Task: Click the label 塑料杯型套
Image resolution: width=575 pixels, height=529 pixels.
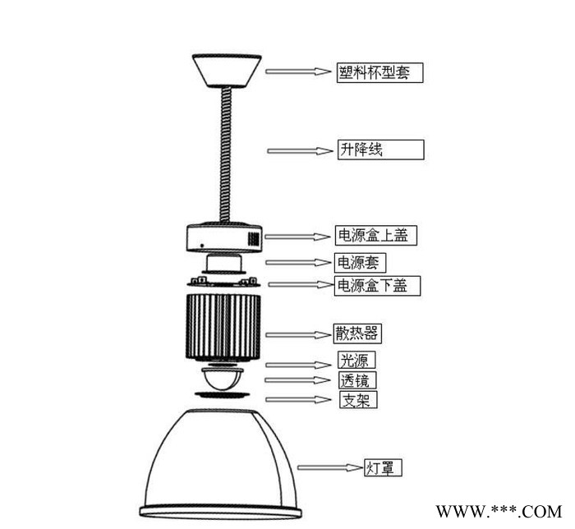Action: (374, 72)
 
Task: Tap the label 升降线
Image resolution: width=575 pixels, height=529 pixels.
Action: (361, 149)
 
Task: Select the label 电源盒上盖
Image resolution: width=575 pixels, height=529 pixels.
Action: (373, 235)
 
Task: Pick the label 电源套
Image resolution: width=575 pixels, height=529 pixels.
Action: (358, 263)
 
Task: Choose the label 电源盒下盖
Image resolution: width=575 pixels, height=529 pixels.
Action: (372, 285)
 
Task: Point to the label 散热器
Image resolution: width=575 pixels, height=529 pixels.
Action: (356, 333)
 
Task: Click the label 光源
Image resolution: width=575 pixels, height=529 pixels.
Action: (354, 360)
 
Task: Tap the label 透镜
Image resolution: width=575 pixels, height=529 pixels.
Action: (355, 380)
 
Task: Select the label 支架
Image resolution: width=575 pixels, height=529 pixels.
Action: (356, 400)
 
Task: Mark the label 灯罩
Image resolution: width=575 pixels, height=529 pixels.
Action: (379, 467)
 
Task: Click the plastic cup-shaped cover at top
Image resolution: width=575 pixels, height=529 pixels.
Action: (227, 71)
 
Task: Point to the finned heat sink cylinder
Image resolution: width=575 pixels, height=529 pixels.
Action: (223, 327)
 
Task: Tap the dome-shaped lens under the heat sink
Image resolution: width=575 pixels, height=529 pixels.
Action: (223, 379)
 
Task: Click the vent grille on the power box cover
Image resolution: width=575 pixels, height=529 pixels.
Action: (253, 239)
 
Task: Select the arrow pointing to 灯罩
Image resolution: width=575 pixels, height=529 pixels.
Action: (330, 467)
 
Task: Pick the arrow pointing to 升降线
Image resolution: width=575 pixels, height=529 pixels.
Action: (300, 150)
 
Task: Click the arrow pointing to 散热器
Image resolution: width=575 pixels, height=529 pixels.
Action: (298, 334)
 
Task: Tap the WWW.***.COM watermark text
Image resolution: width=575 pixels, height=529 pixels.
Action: (499, 512)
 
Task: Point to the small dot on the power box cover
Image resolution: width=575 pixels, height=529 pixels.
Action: (202, 246)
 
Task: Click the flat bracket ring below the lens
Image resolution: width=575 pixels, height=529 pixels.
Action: (223, 395)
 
